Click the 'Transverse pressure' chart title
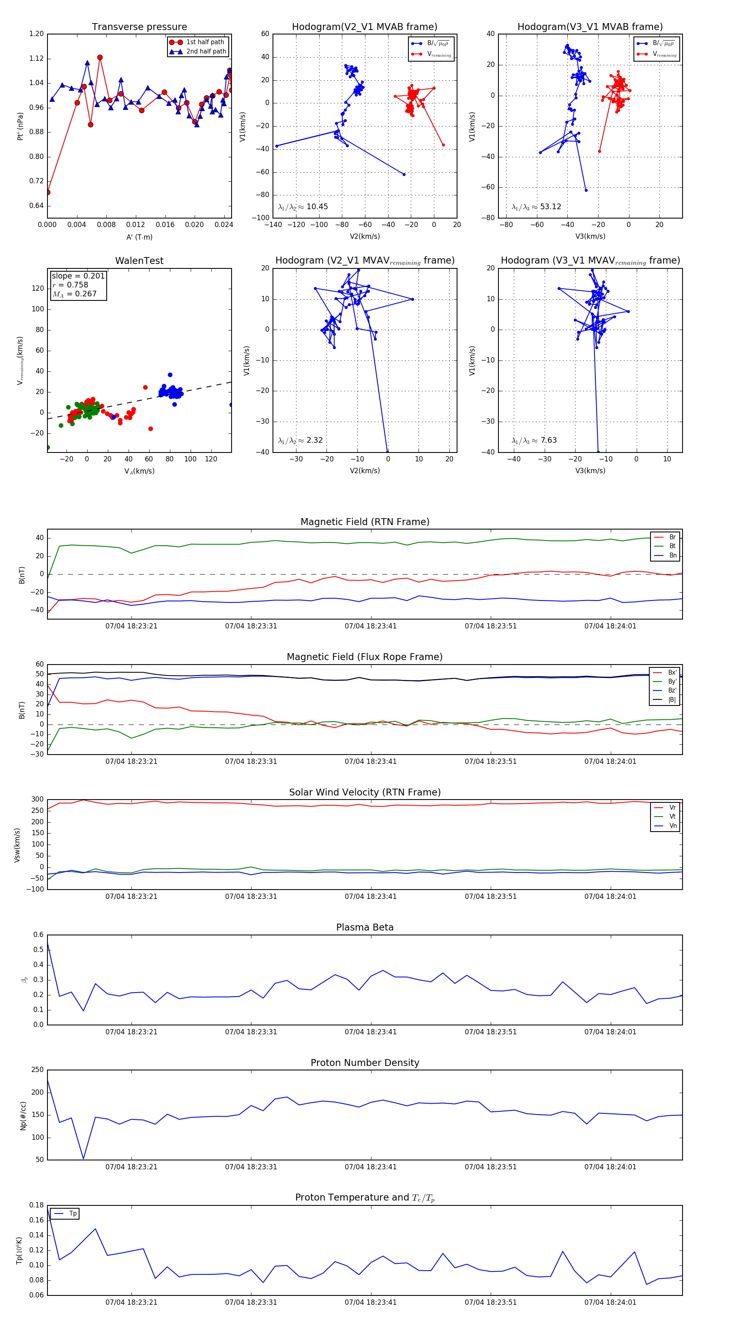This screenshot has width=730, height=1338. coord(139,27)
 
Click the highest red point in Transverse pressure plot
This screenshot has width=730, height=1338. coord(100,58)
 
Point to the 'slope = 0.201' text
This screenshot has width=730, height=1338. coord(78,276)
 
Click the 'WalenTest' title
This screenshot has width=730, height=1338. coord(139,261)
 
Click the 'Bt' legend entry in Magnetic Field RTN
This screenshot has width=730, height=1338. coord(672,546)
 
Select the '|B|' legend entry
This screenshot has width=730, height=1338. coord(672,700)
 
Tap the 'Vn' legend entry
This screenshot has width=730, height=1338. coord(672,826)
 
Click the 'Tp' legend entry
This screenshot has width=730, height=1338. coord(73,1214)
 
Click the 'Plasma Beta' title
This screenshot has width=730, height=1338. coord(365,927)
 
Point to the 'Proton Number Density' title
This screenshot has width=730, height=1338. coord(365,1063)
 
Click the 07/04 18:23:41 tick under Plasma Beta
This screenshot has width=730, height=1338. coord(370,1031)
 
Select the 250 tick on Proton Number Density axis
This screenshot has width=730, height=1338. coord(37,1070)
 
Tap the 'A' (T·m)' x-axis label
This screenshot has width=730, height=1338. coord(139,237)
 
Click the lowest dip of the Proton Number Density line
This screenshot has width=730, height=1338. coord(83,1158)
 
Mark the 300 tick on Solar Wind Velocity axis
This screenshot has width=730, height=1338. coord(37,800)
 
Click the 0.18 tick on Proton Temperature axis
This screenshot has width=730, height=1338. coord(36,1205)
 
